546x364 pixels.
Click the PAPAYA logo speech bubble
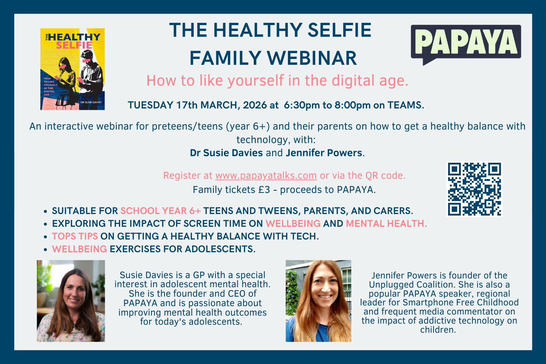click(466, 42)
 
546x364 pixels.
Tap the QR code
click(474, 189)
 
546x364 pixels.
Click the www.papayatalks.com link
click(266, 175)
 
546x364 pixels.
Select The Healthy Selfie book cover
click(72, 69)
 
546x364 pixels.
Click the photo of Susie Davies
click(71, 301)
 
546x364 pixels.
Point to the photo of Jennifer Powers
click(318, 301)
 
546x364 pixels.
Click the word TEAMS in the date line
click(405, 105)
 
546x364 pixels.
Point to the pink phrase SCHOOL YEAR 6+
click(161, 211)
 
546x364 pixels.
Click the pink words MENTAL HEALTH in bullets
click(386, 223)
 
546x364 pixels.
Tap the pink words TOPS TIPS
click(75, 236)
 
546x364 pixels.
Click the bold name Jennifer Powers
click(324, 153)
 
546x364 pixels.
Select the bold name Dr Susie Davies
click(226, 153)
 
